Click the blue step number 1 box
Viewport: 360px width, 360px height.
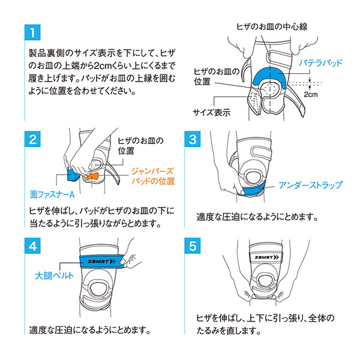tap(32, 32)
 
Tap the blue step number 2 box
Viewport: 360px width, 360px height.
tap(32, 139)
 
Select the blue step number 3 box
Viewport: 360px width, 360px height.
tap(193, 139)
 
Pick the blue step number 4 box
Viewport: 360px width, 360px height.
tap(32, 245)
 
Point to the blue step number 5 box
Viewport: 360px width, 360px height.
tap(193, 245)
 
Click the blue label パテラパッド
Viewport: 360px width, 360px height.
tap(320, 62)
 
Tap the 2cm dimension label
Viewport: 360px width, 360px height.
tap(311, 94)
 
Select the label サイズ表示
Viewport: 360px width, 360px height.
tap(211, 113)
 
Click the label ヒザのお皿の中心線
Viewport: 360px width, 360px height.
tap(272, 26)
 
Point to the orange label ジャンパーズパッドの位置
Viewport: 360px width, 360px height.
tap(153, 176)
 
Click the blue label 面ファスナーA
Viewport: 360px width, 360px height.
tap(52, 194)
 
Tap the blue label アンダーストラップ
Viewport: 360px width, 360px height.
tap(310, 185)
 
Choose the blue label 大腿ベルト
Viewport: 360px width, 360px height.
tap(54, 275)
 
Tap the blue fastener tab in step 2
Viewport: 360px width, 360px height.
tap(73, 175)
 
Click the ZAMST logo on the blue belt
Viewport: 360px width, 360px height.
tap(101, 262)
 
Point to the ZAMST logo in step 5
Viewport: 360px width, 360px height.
tap(266, 257)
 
